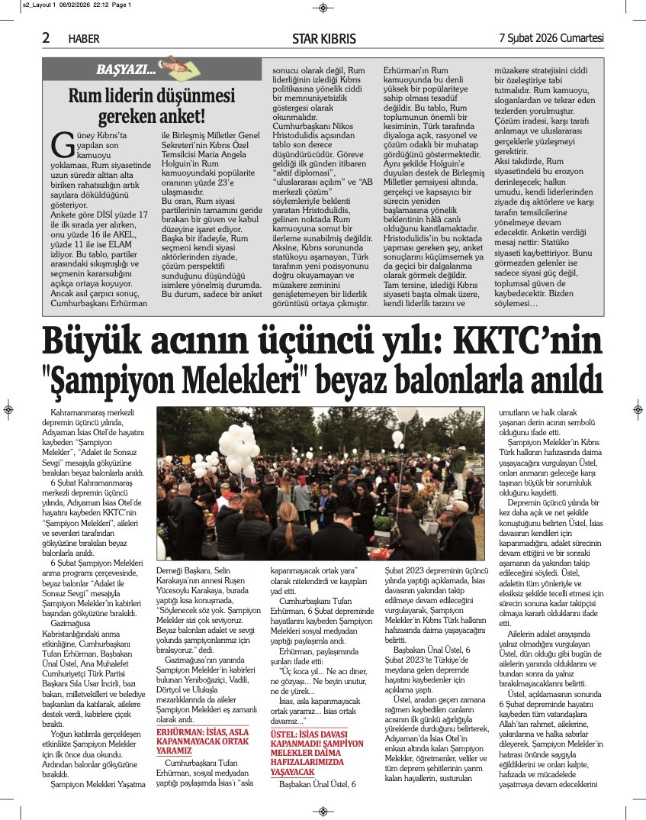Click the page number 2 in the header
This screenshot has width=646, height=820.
[x=46, y=37]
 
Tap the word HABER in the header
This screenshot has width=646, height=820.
[x=84, y=38]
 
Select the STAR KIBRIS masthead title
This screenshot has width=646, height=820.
[x=323, y=38]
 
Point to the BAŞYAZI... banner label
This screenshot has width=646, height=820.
[x=126, y=71]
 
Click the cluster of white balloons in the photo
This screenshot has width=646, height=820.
[x=233, y=449]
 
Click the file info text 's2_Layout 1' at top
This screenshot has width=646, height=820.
[x=24, y=5]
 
